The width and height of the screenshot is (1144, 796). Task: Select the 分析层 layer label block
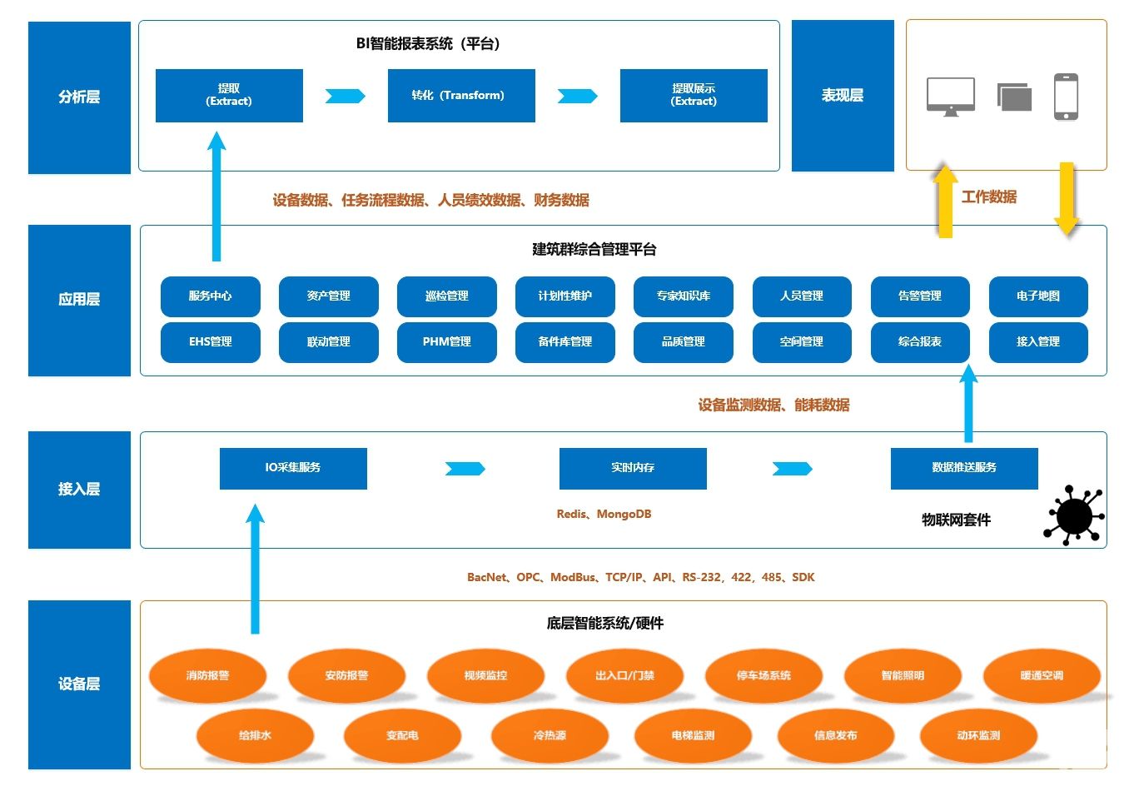[x=79, y=97]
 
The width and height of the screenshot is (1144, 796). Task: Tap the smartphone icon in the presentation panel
[x=1066, y=97]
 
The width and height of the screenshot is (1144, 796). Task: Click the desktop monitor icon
[x=950, y=97]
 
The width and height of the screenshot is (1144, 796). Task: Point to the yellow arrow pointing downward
[x=1067, y=198]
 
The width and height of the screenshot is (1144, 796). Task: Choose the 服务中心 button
[x=210, y=296]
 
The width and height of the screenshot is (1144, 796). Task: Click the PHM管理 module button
[x=446, y=342]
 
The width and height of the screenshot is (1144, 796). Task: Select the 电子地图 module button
[x=1037, y=296]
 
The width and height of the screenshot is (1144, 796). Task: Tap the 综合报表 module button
[x=919, y=342]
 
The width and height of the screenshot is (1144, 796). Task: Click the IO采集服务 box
[x=293, y=468]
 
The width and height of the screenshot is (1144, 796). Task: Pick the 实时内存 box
[x=633, y=468]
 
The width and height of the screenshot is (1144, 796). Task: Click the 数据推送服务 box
[x=963, y=468]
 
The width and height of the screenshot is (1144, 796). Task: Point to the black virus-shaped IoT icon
[x=1073, y=515]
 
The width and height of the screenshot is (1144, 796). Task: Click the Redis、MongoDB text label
[x=604, y=515]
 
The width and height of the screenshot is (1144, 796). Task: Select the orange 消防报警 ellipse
[x=207, y=675]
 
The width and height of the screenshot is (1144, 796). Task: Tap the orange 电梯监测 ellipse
[x=693, y=735]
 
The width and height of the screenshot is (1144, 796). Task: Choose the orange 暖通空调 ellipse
[x=1042, y=675]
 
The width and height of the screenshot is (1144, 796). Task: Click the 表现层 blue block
[x=842, y=96]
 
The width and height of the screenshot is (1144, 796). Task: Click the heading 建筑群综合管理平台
[x=594, y=249]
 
